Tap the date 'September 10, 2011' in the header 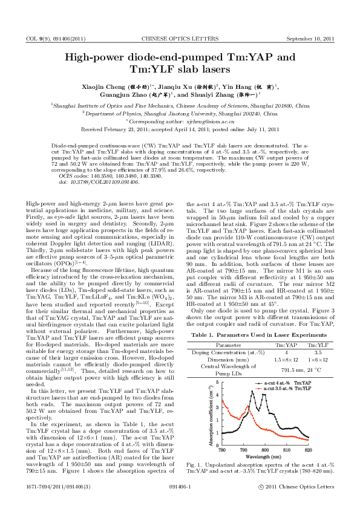tap(310, 38)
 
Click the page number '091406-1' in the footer tap(180, 502)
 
